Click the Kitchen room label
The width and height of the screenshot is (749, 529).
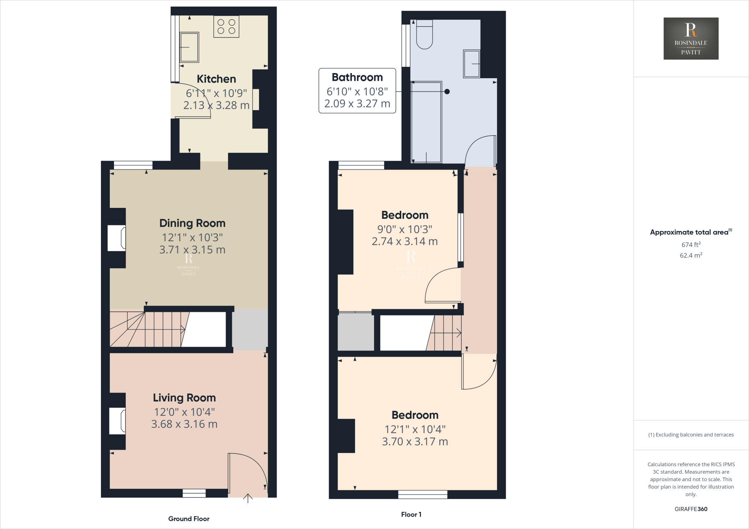pos(216,79)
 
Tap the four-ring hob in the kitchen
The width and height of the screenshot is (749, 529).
pos(226,27)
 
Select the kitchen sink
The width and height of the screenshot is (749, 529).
pos(189,47)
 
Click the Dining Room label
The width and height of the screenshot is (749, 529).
pos(192,223)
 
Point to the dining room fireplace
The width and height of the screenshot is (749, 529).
pos(117,238)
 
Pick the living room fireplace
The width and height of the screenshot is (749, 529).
pos(117,421)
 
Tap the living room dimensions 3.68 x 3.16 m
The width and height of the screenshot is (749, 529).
pos(184,424)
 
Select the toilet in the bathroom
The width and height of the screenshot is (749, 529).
pos(424,35)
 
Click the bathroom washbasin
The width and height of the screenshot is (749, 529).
pos(472,64)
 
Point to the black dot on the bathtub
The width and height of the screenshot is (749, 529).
pos(447,92)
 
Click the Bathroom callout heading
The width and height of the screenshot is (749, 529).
pos(357,77)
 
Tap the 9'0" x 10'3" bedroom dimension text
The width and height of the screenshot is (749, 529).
pos(404,229)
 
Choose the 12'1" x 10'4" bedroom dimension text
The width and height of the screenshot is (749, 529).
pos(415,429)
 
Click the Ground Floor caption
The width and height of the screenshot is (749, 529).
pos(189,519)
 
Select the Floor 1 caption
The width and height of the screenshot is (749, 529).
pos(411,514)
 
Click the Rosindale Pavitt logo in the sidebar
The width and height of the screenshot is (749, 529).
pos(691,38)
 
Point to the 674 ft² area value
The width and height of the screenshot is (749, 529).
pos(691,245)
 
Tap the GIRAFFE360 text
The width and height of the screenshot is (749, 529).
pos(691,509)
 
